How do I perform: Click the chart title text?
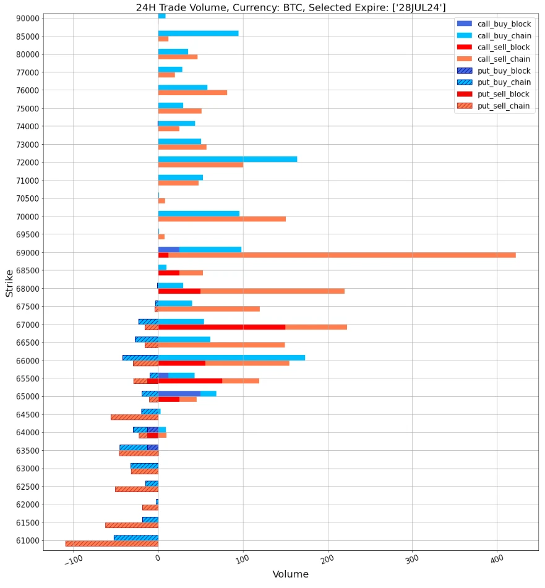(291, 7)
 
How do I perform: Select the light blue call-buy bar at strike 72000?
(228, 159)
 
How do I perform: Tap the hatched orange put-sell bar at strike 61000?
(111, 543)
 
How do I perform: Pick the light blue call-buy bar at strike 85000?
(198, 33)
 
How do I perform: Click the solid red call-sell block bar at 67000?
(221, 327)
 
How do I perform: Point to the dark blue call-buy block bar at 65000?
(179, 393)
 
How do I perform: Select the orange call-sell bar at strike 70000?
(221, 219)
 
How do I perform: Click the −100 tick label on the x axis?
(73, 560)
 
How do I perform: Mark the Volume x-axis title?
(290, 574)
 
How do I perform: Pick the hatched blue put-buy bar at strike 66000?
(140, 357)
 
